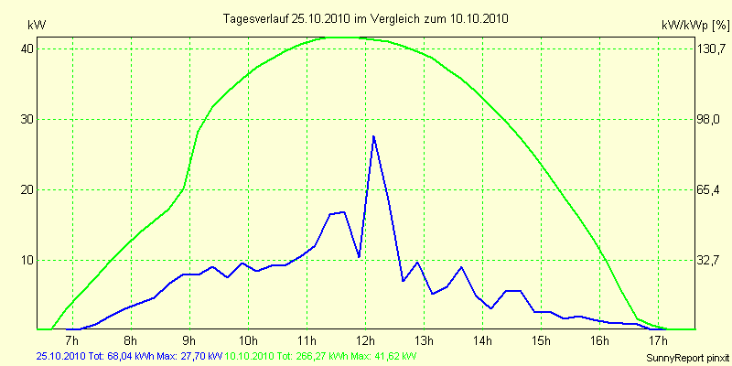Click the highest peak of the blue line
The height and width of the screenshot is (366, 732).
click(x=373, y=136)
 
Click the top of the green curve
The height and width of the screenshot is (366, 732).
click(x=339, y=38)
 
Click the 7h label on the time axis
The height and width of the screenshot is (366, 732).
click(x=72, y=342)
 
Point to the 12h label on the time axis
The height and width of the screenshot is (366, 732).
click(x=365, y=342)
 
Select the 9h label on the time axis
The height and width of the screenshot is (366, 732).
click(x=189, y=342)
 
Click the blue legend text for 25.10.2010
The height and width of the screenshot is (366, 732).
click(x=129, y=356)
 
